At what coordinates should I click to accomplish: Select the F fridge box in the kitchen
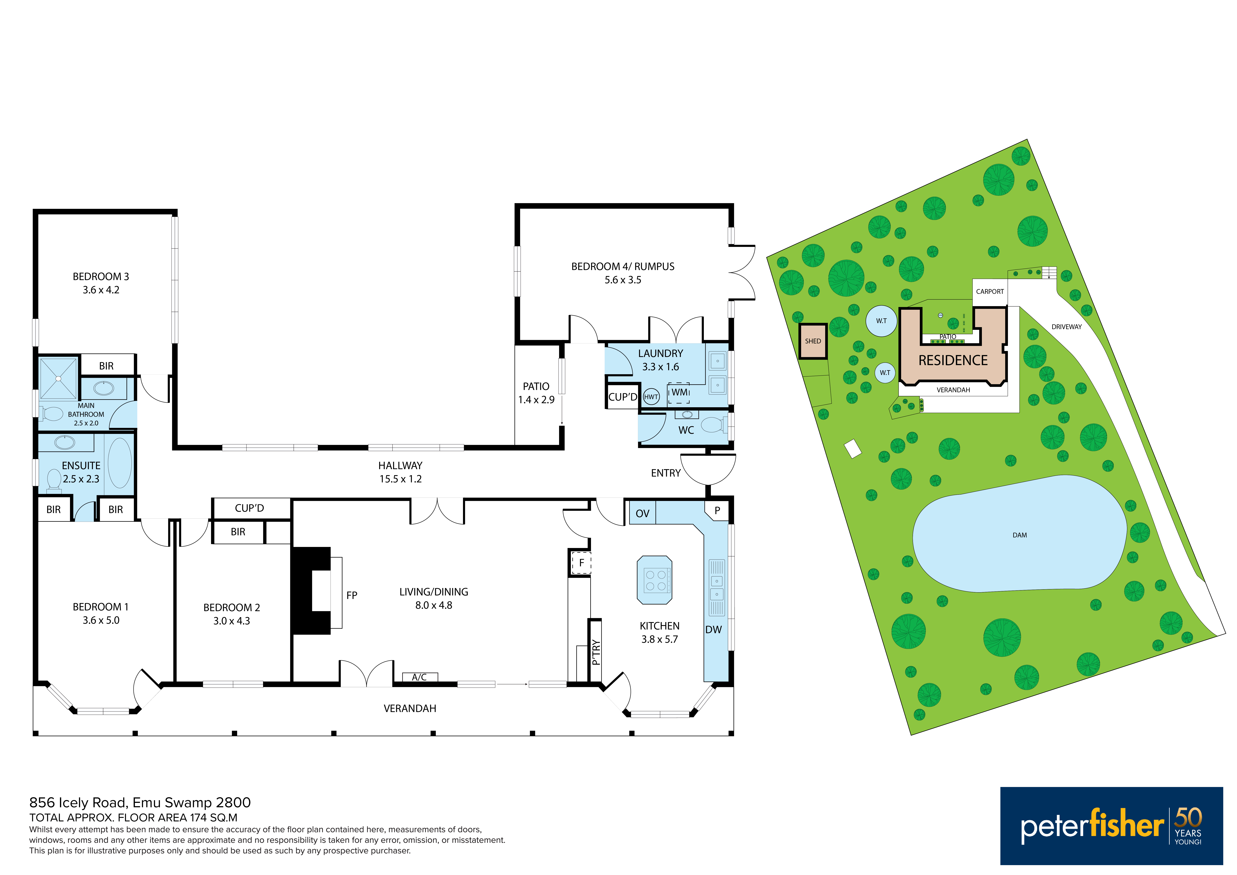tap(581, 563)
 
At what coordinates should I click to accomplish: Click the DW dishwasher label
tap(713, 630)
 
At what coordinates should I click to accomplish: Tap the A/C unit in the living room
tap(420, 677)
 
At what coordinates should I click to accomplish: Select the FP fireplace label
tap(352, 595)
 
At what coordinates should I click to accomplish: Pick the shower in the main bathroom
tap(58, 379)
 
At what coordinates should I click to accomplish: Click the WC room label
tap(686, 430)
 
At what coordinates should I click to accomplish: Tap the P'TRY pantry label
tap(595, 652)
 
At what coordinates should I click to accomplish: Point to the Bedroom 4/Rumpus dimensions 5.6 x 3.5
tap(623, 280)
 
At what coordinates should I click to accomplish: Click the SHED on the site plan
tap(813, 341)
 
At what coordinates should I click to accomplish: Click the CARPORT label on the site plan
tap(990, 292)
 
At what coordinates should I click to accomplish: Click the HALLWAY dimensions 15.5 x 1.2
tap(400, 479)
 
